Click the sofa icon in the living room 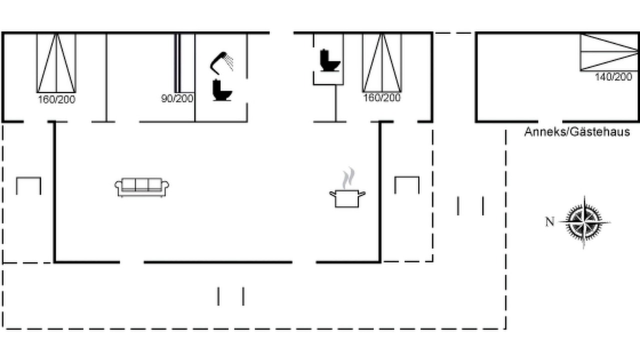[x=141, y=187]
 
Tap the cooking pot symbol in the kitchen [x=347, y=198]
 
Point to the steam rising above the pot [x=349, y=177]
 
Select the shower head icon [x=221, y=63]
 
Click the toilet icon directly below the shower [x=222, y=90]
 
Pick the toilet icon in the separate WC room [x=329, y=60]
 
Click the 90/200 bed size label [x=177, y=98]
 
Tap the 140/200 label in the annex [x=613, y=77]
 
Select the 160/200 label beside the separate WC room [x=381, y=97]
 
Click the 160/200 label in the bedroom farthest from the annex [x=56, y=99]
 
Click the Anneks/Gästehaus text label [x=577, y=131]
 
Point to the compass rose [x=584, y=222]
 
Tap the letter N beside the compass [x=549, y=221]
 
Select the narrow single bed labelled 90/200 [x=177, y=63]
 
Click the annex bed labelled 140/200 [x=609, y=52]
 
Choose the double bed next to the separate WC [x=382, y=62]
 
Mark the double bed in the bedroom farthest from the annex [x=56, y=63]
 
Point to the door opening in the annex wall [x=550, y=121]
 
